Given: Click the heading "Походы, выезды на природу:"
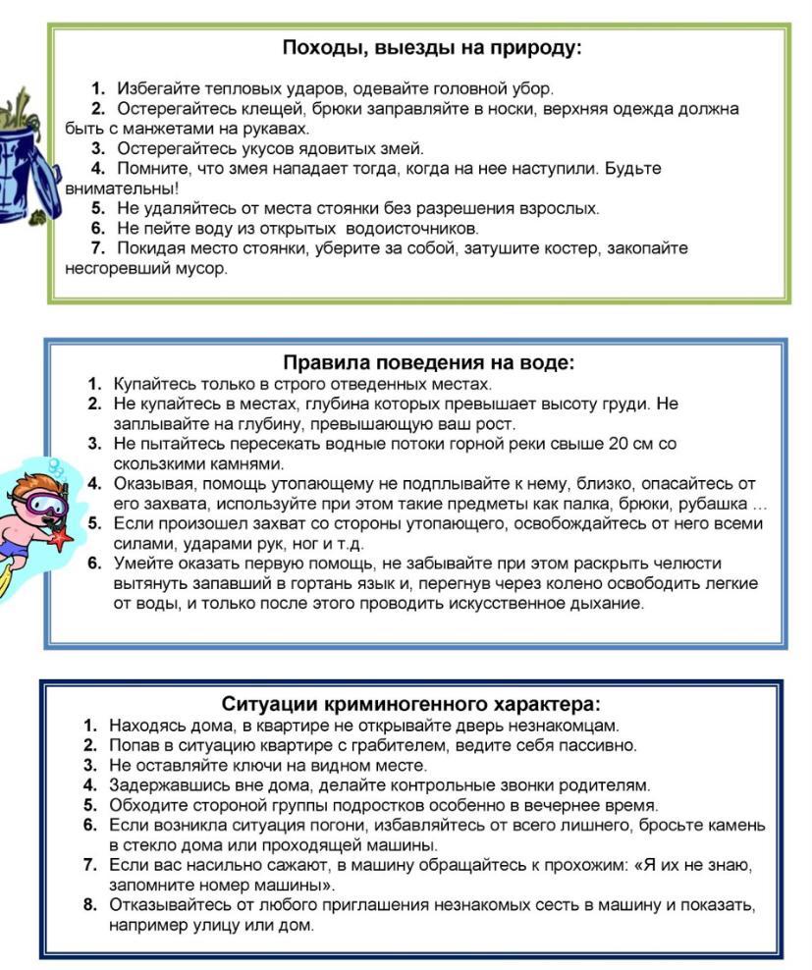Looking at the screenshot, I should click(431, 48).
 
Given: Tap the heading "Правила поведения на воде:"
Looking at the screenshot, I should click(429, 362).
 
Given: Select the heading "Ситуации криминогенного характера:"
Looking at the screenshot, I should click(410, 704).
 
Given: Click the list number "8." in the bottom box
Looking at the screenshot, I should click(90, 904).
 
